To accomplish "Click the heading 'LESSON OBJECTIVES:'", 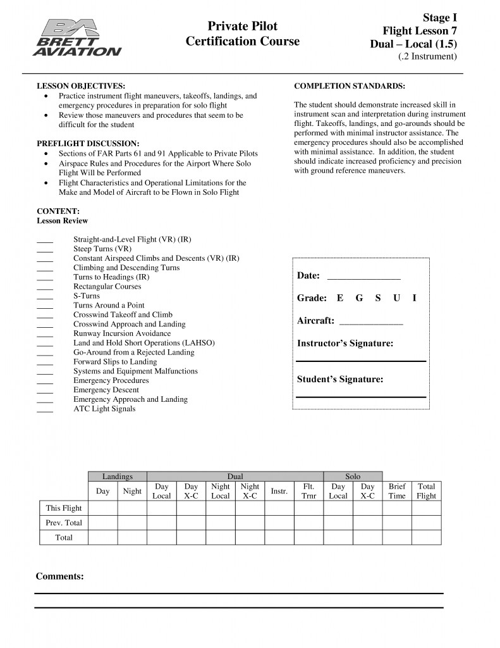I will [x=80, y=85].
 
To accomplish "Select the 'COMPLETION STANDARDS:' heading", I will [x=350, y=85].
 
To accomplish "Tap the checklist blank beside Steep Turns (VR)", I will [x=45, y=249].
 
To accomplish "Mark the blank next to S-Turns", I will [x=45, y=296].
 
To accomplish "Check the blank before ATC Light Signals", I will [x=45, y=409].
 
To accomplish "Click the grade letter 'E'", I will [x=340, y=298].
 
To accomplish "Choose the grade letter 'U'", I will [x=396, y=298].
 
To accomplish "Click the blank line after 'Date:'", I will [x=363, y=277].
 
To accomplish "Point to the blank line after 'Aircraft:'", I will [x=371, y=321].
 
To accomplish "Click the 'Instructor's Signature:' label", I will [x=345, y=344].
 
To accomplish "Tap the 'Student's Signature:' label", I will [x=340, y=380].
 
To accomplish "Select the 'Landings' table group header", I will [x=118, y=477].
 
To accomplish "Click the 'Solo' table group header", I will [x=353, y=477].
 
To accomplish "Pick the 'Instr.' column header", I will [x=279, y=491].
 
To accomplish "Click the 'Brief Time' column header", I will [x=397, y=491].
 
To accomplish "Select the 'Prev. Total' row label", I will [x=64, y=523].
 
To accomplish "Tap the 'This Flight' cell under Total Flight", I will [x=427, y=508].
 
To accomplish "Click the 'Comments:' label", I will [x=59, y=576].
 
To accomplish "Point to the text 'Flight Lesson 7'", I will [x=420, y=31].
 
